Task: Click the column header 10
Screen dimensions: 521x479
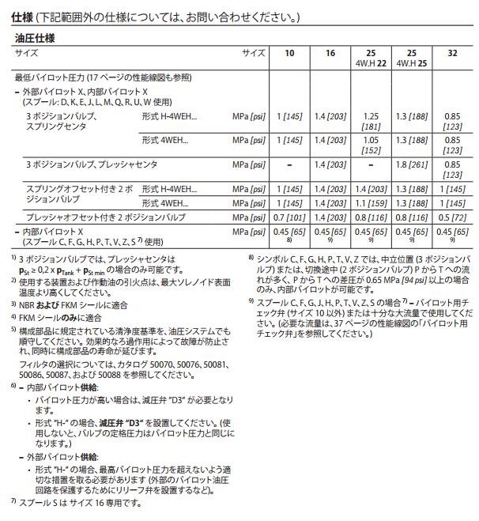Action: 289,52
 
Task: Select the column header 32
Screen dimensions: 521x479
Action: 452,52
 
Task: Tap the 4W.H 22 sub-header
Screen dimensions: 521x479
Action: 370,62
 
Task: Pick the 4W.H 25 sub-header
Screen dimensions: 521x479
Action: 411,62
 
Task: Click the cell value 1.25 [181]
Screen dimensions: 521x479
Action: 370,120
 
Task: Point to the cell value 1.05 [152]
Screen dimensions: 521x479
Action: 370,145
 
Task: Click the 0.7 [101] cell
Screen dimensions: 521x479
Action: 289,216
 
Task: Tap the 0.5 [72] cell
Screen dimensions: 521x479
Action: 452,216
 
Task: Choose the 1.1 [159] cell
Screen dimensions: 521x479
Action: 370,203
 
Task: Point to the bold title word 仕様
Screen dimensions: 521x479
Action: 21,17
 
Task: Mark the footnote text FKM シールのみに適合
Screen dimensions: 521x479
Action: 60,318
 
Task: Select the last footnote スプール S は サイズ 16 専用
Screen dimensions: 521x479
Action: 79,503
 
